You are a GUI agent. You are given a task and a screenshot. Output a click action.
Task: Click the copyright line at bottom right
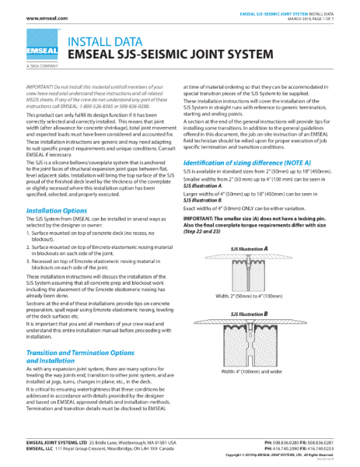296,455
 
